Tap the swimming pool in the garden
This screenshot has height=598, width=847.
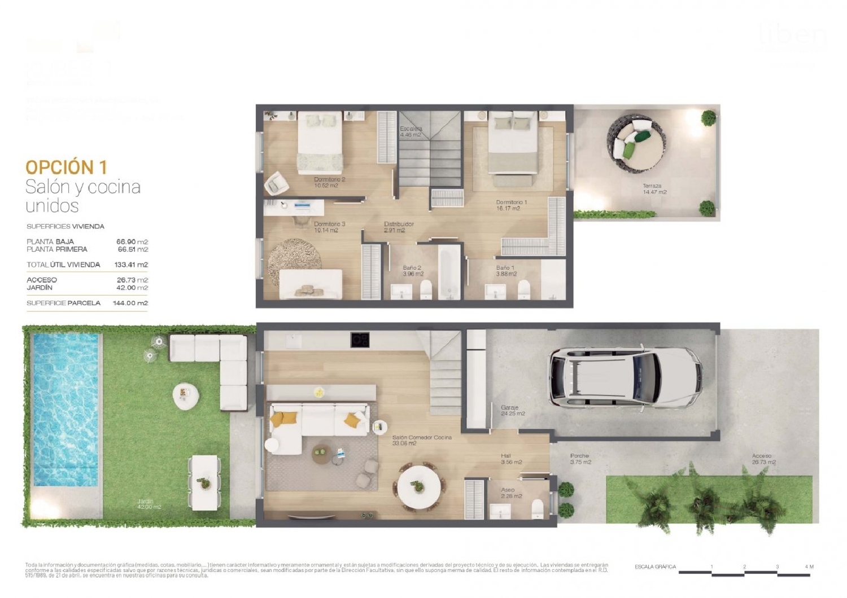tap(66, 408)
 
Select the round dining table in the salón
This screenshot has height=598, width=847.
tap(419, 485)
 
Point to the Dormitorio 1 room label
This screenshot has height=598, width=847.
tap(511, 205)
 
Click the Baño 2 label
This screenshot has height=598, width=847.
tap(412, 271)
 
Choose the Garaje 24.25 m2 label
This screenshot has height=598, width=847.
tap(513, 410)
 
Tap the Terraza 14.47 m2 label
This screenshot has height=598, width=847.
tap(654, 189)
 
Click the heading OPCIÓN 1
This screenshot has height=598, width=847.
tap(66, 167)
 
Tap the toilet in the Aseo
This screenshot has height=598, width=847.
tap(538, 508)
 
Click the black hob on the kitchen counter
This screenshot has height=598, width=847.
tap(360, 340)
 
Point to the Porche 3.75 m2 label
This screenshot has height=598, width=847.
tap(580, 459)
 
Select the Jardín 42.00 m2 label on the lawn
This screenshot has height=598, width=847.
tap(149, 504)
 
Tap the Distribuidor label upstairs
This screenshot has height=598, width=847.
tap(399, 227)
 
